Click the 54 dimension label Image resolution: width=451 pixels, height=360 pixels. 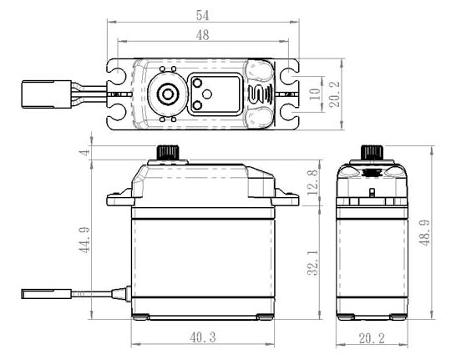[202, 16]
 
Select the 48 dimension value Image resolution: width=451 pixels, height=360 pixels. [202, 35]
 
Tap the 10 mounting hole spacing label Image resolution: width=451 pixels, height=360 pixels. [315, 94]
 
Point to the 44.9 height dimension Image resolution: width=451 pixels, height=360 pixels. [85, 240]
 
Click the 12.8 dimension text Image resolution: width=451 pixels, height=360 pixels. [313, 182]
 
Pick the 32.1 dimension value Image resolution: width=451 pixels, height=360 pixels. [313, 262]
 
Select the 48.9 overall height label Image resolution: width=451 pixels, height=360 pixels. [424, 232]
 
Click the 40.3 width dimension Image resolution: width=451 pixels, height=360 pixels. [203, 337]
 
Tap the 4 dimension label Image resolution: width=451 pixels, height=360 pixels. [85, 152]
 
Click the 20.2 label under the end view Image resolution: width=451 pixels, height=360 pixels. [372, 338]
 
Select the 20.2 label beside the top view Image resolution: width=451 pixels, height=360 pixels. [335, 94]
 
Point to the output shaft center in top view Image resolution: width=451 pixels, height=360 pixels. [167, 94]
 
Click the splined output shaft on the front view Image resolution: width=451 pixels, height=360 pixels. [168, 153]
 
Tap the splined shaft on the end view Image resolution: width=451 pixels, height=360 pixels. [372, 153]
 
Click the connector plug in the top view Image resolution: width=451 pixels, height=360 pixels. [46, 94]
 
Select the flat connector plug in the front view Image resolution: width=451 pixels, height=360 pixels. [46, 294]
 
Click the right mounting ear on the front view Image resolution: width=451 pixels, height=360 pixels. [286, 198]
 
